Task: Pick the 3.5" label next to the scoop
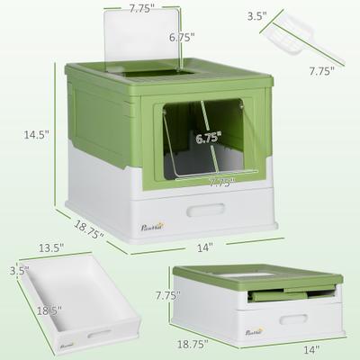tap(256, 15)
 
